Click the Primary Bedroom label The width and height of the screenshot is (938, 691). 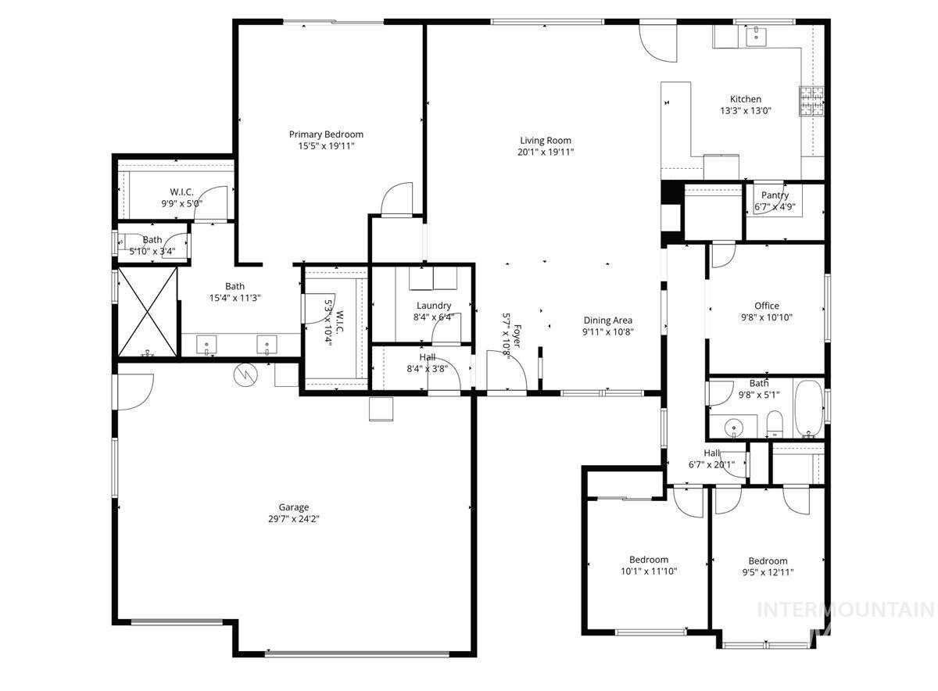click(326, 134)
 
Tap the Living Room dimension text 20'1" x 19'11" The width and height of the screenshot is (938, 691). click(546, 152)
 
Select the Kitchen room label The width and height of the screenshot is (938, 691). click(746, 99)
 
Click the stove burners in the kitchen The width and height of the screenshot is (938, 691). click(811, 100)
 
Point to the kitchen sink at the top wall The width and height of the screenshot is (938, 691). click(757, 34)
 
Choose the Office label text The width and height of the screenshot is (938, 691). click(767, 306)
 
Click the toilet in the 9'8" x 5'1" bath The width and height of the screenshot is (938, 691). click(775, 427)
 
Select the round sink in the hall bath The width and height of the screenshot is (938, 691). click(734, 428)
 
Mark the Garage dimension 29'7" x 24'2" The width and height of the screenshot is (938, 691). click(293, 518)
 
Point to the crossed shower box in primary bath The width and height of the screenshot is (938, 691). click(147, 310)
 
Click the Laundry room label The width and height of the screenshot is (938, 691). click(433, 306)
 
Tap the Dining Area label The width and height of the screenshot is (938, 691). click(607, 320)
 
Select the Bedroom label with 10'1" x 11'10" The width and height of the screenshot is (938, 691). click(649, 560)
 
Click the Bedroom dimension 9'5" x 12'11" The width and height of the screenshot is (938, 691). click(768, 572)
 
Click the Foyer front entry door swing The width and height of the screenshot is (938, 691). click(506, 369)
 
